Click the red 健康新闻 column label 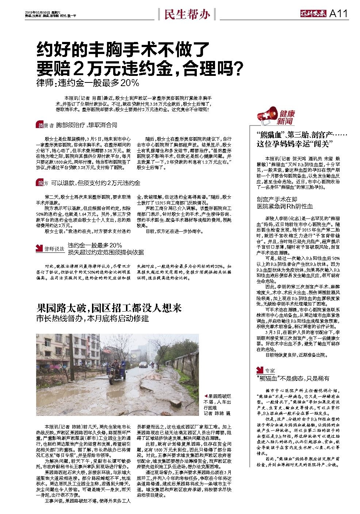(x=286, y=117)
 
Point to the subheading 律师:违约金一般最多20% (x=88, y=83)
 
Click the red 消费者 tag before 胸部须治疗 (x=45, y=125)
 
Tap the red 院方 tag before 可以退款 (x=42, y=183)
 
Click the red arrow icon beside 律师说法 (x=39, y=248)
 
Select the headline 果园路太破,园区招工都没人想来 (x=109, y=308)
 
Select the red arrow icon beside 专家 (x=260, y=370)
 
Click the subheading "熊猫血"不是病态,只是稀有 (x=293, y=378)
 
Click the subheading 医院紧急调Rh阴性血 (x=285, y=206)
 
